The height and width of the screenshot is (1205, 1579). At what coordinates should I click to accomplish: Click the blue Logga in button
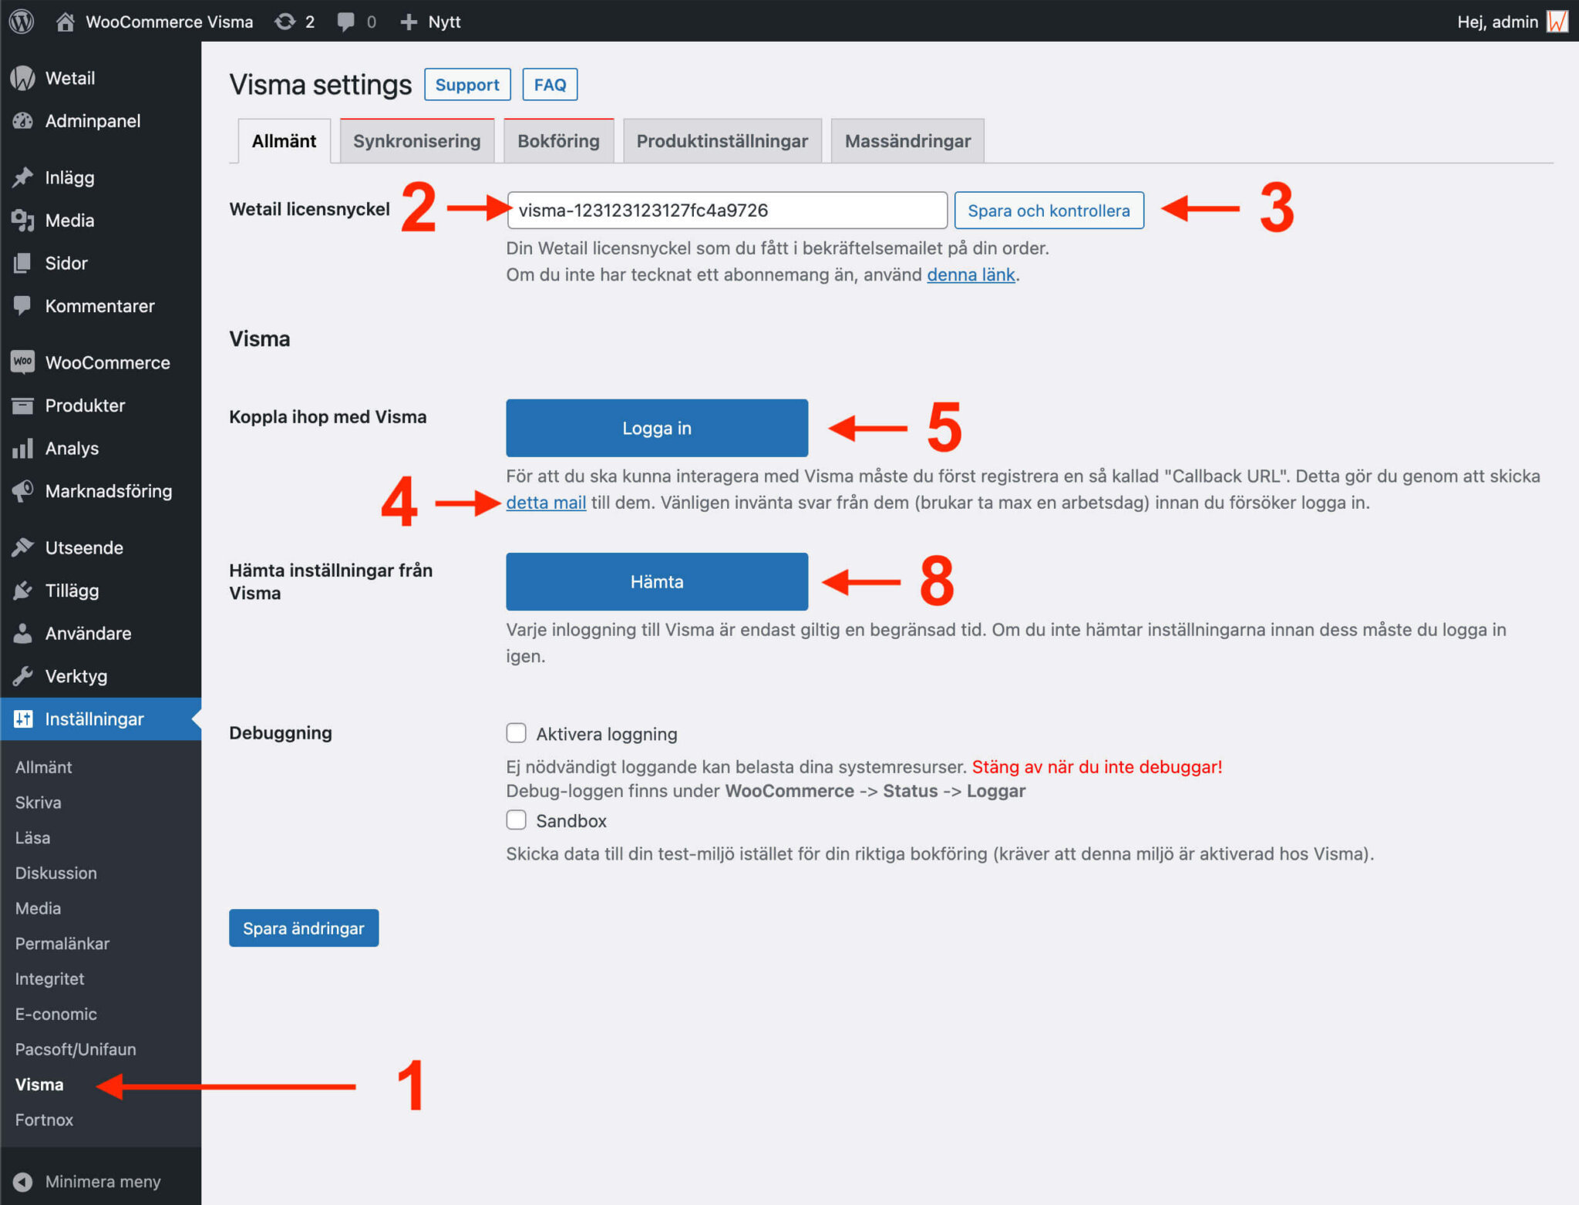656,428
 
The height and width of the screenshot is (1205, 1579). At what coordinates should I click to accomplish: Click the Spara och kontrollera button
1048,210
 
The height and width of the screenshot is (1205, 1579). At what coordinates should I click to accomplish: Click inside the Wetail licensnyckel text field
726,210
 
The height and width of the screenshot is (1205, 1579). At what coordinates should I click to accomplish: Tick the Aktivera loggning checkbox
516,733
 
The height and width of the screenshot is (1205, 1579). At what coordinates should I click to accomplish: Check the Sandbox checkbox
516,820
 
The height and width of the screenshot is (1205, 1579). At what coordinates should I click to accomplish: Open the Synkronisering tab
416,141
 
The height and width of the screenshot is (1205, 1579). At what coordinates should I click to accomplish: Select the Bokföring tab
558,141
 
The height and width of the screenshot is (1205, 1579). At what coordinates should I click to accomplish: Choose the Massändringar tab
907,141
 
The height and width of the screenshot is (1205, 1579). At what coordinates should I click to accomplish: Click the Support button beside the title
466,85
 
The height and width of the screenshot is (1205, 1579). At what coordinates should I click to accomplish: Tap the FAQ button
550,85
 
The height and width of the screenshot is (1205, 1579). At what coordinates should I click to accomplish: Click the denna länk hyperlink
970,275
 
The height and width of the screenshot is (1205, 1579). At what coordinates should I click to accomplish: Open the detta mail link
545,503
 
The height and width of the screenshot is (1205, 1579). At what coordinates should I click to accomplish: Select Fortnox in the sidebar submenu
44,1119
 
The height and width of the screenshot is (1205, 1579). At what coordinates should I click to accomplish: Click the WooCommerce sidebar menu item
107,362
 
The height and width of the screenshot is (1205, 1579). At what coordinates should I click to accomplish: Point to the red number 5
944,427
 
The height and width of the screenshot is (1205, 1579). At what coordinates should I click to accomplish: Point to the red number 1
412,1085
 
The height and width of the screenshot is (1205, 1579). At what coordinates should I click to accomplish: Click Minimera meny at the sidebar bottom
102,1181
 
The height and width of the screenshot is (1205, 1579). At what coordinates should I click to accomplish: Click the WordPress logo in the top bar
22,22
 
